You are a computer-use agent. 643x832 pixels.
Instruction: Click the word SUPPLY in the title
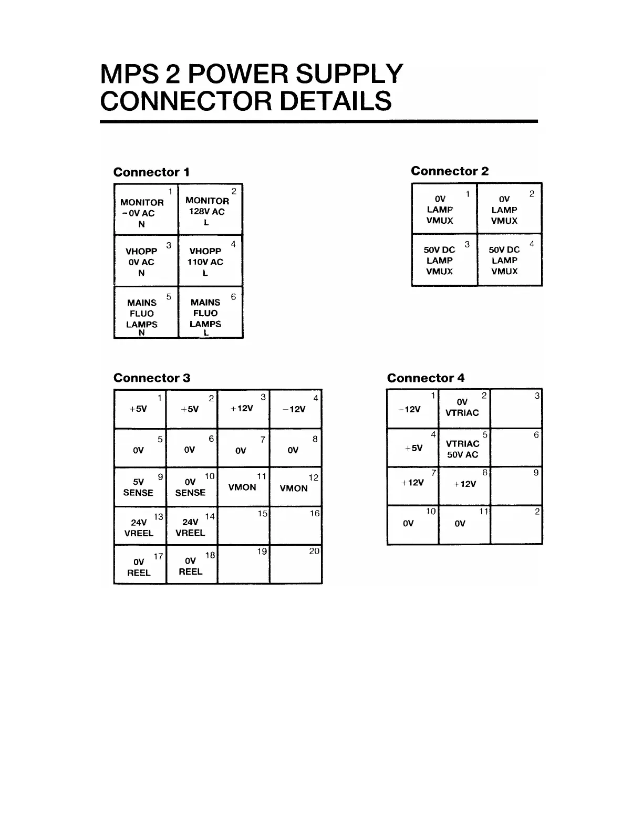[x=349, y=74]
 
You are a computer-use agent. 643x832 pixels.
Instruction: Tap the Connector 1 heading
[x=151, y=172]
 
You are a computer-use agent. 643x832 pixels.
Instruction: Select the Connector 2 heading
[x=449, y=171]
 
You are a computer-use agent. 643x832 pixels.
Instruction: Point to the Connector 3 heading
[x=152, y=378]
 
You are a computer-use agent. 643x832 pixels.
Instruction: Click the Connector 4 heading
[x=426, y=378]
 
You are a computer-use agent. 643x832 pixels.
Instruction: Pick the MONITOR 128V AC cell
[x=210, y=209]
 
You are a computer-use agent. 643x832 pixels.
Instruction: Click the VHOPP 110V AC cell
[x=210, y=261]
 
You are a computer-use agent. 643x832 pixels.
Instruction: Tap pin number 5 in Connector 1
[x=169, y=297]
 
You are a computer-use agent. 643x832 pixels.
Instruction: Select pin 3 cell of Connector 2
[x=444, y=260]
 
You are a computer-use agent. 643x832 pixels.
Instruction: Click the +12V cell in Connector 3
[x=243, y=409]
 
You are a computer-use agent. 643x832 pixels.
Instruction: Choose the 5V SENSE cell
[x=140, y=487]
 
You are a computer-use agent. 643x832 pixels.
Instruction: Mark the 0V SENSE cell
[x=191, y=487]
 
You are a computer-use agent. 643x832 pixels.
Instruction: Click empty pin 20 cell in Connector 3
[x=296, y=565]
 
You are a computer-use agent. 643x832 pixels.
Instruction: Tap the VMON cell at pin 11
[x=243, y=487]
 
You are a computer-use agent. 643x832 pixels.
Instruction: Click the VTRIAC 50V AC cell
[x=464, y=448]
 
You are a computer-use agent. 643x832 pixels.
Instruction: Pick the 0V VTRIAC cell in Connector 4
[x=464, y=408]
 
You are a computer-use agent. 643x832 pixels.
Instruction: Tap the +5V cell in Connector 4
[x=413, y=448]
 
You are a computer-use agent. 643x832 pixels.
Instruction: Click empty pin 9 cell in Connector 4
[x=516, y=486]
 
